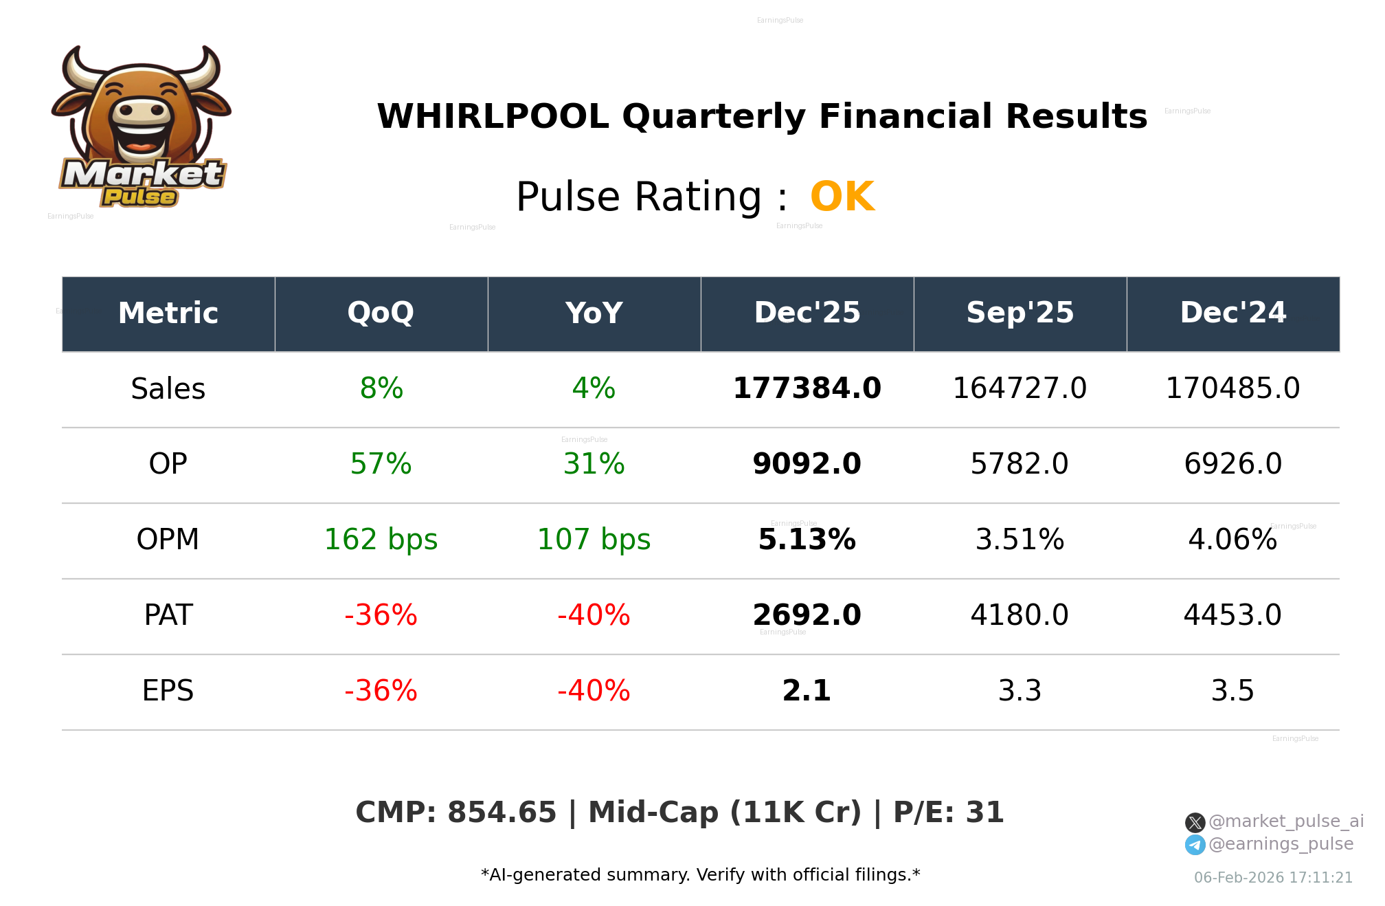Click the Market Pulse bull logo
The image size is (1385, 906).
click(141, 127)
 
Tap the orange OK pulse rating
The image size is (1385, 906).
click(842, 197)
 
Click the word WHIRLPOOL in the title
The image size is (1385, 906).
click(493, 116)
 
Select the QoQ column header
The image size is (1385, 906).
click(381, 313)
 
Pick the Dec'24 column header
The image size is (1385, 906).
click(1232, 313)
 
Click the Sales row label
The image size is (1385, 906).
click(168, 389)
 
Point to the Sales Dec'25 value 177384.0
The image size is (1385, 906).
click(807, 388)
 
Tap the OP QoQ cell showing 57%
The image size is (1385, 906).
click(381, 464)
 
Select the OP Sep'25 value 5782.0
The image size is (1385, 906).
click(1020, 464)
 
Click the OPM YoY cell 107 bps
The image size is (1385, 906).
click(594, 540)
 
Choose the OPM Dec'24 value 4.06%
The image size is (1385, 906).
click(1232, 540)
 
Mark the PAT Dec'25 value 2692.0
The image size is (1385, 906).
click(807, 615)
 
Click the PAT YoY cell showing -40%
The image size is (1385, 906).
click(594, 615)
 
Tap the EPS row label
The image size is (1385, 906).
click(168, 691)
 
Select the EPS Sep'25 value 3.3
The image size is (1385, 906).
click(1020, 691)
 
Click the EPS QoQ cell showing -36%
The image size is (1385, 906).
click(381, 691)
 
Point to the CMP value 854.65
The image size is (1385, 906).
click(502, 813)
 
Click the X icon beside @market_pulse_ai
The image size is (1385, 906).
click(1195, 822)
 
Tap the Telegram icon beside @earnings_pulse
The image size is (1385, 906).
click(1195, 845)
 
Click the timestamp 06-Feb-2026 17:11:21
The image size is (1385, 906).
click(1273, 878)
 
